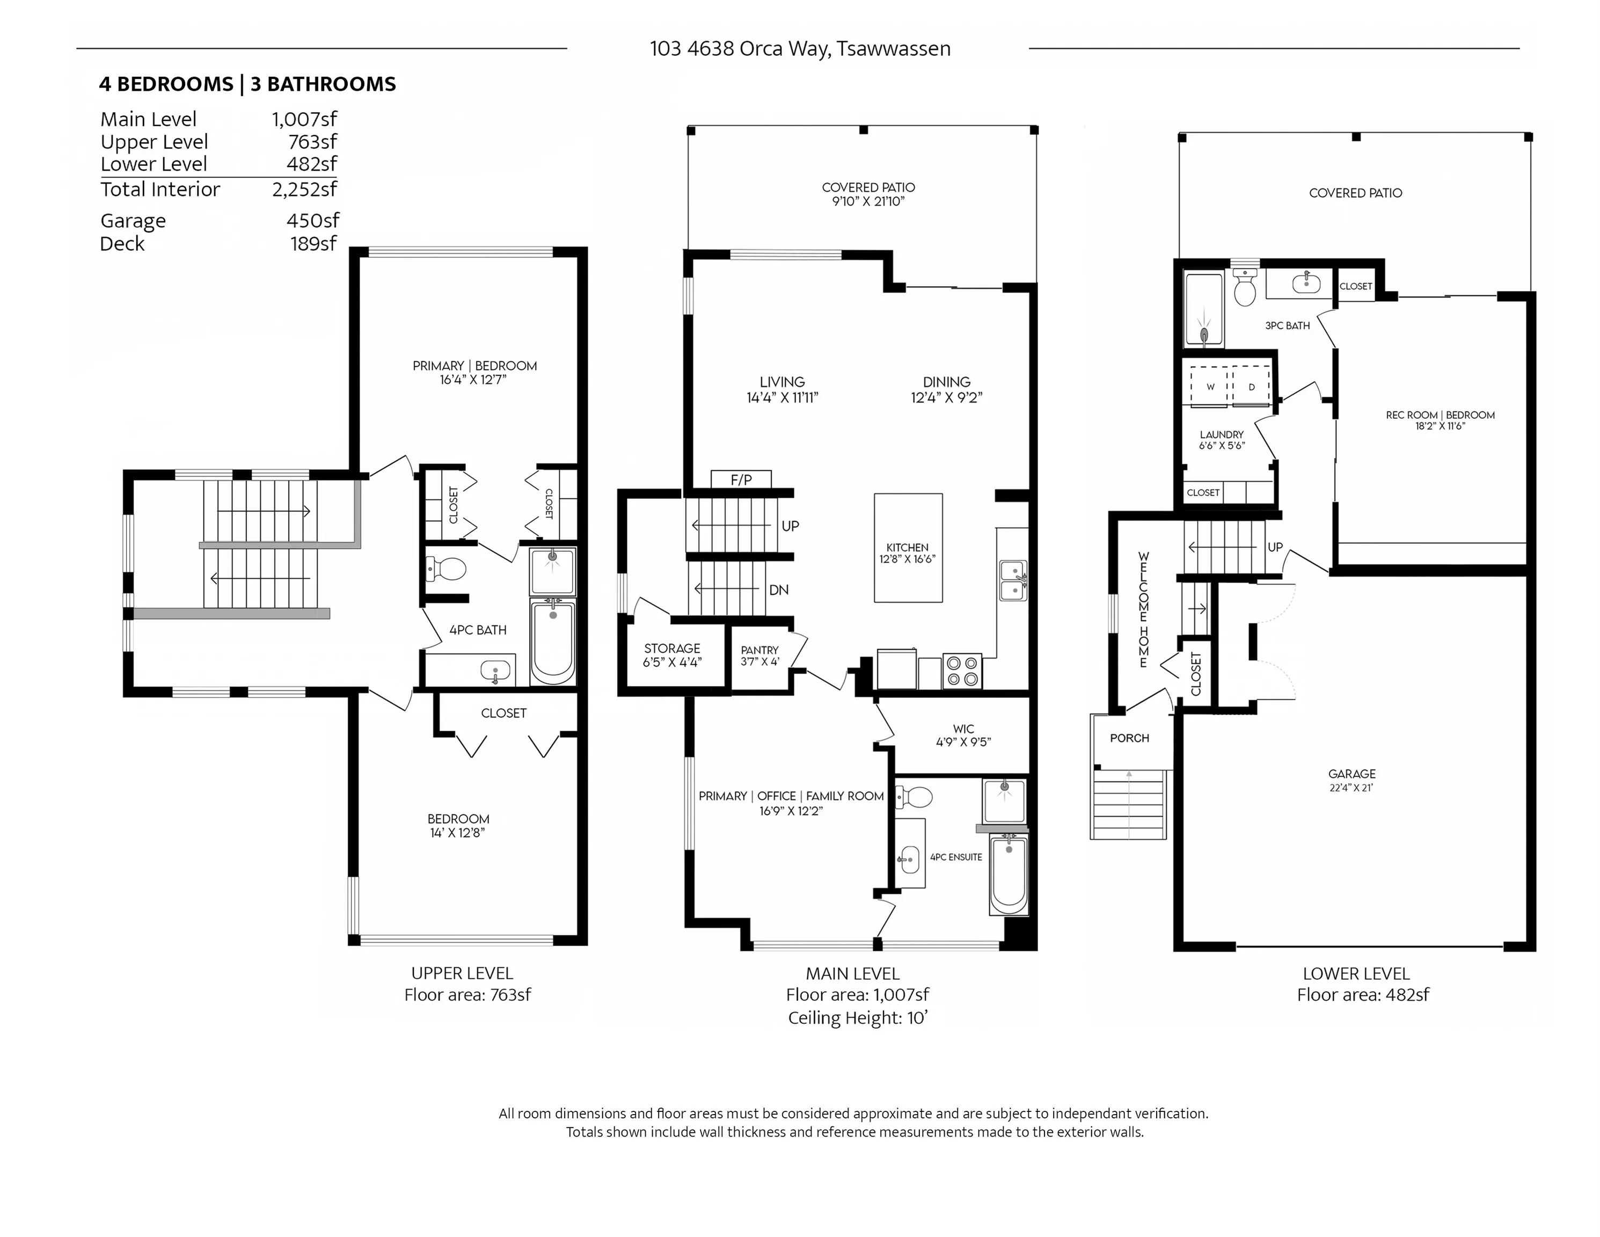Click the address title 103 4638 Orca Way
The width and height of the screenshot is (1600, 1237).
799,48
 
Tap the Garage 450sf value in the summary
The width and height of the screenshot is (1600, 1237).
313,221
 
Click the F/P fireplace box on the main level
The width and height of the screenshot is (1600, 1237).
741,479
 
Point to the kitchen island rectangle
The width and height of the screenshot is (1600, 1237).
908,548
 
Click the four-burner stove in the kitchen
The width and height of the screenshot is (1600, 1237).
962,671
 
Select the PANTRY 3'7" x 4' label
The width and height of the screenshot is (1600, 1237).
759,655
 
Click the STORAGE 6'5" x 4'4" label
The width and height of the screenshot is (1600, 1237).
672,654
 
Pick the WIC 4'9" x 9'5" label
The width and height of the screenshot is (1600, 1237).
963,735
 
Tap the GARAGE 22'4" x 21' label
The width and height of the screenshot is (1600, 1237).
1351,780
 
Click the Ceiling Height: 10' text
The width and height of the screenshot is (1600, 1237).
857,1017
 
